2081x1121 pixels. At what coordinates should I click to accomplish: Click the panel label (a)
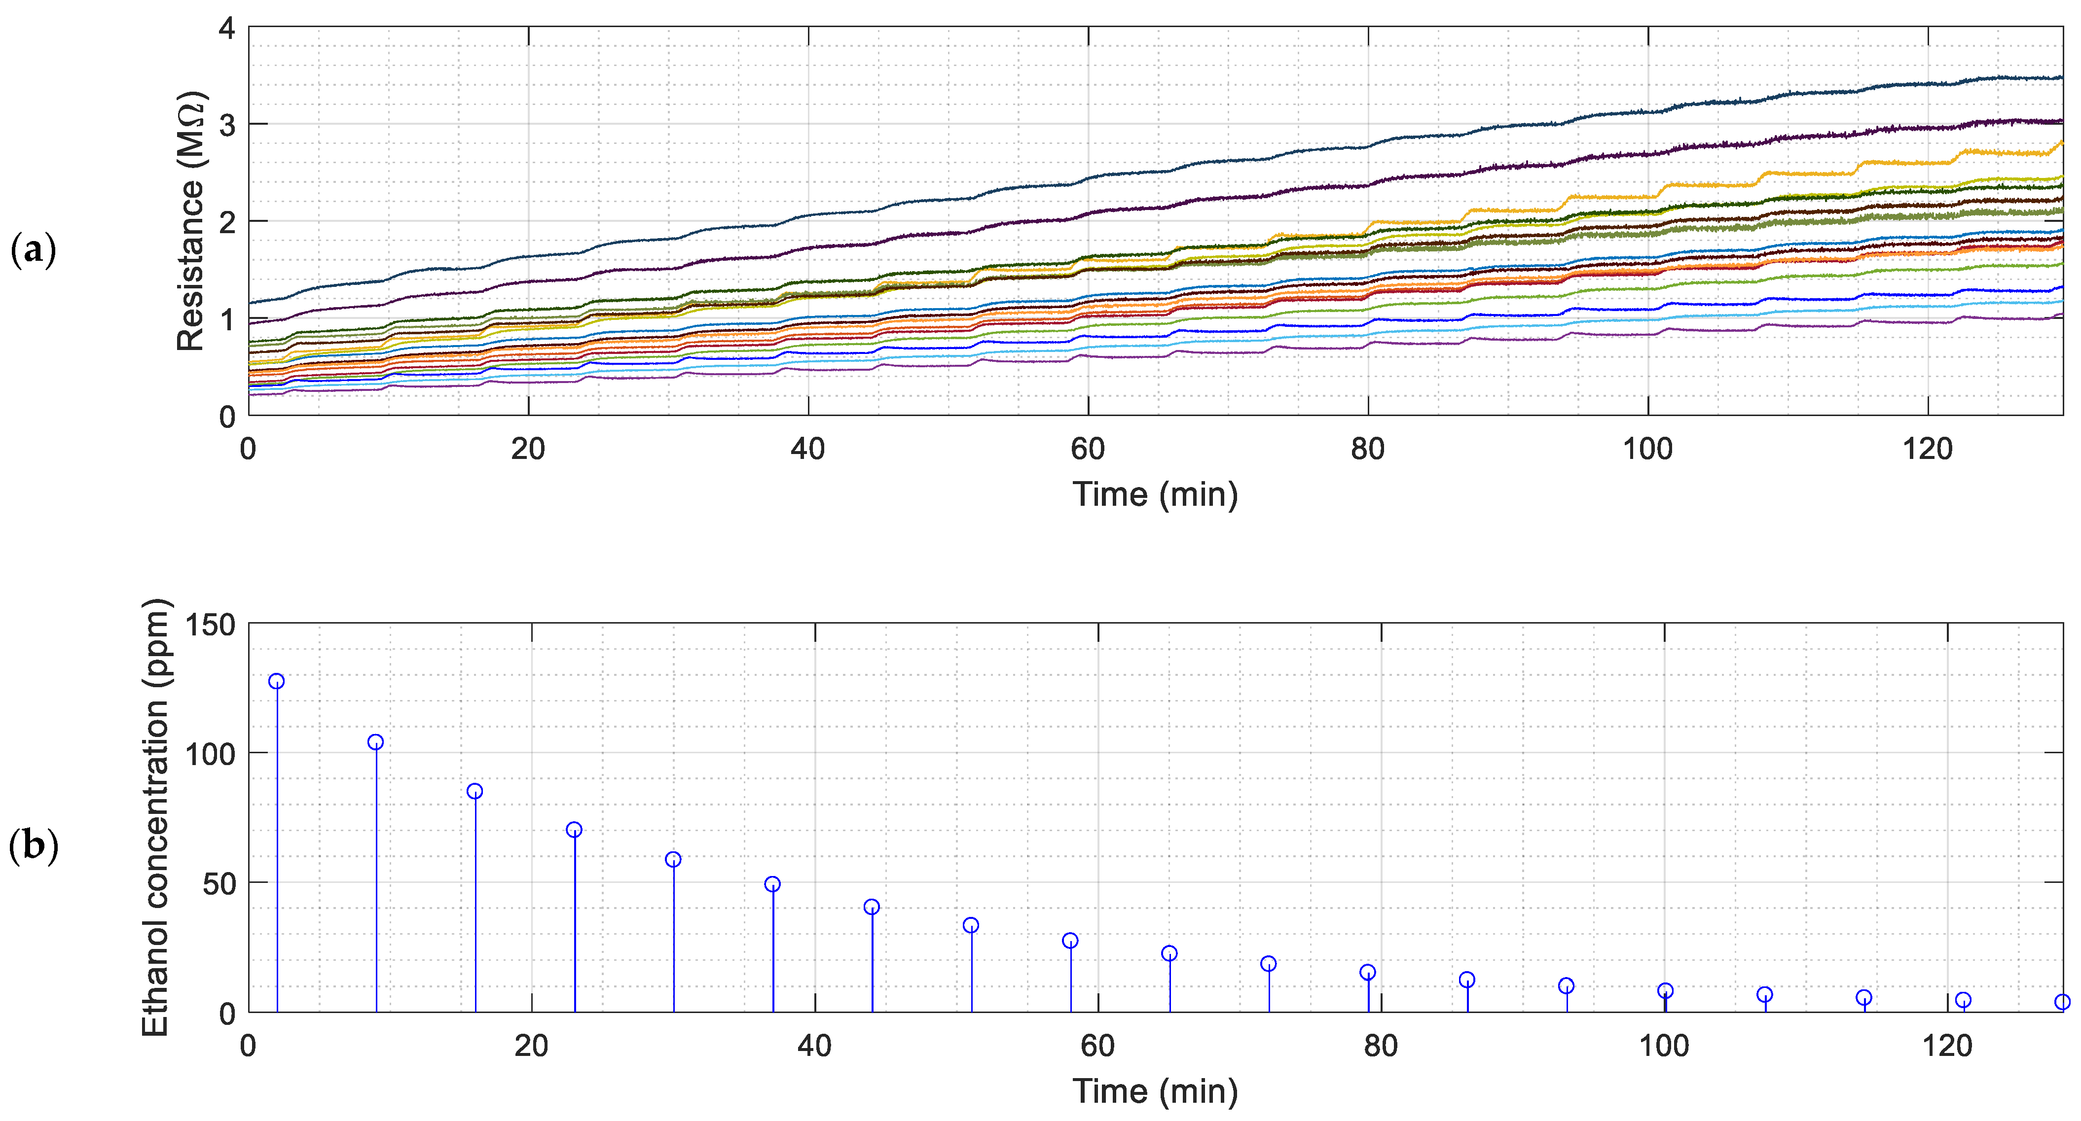(33, 250)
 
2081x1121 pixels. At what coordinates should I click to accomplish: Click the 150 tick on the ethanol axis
(210, 625)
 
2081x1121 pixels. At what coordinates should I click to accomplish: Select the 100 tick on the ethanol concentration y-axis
(210, 754)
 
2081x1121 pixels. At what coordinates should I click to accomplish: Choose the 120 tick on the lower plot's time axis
(1947, 1046)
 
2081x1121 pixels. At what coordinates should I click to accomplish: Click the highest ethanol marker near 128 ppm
(276, 681)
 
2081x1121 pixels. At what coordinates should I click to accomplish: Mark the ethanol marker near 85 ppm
(475, 791)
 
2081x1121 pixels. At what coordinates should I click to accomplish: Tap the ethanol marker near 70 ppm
(574, 830)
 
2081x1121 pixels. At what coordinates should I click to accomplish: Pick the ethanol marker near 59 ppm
(673, 859)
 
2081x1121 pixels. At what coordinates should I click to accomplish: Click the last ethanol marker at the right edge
(2062, 1002)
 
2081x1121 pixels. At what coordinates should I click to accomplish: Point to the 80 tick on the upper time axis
(1368, 449)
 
